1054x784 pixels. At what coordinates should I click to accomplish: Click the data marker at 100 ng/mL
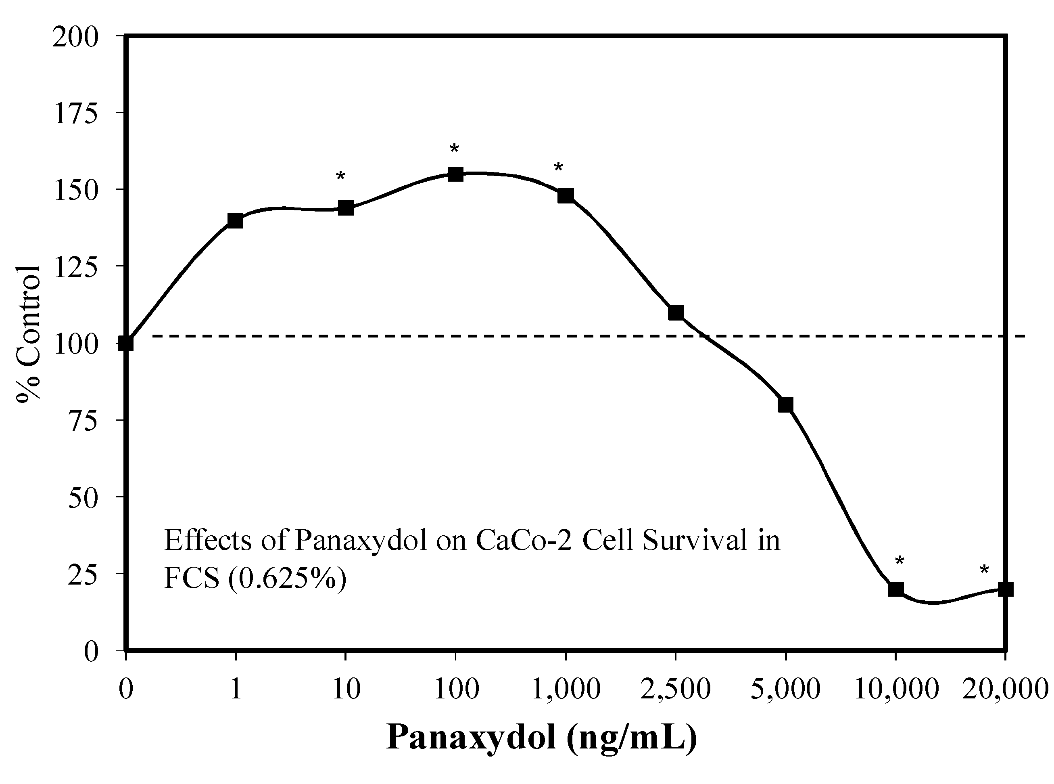[455, 174]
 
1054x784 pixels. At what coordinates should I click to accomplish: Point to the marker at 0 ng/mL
[125, 343]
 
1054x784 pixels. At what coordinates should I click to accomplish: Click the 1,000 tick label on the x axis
[566, 689]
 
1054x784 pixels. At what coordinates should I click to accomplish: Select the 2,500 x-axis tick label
[676, 689]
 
